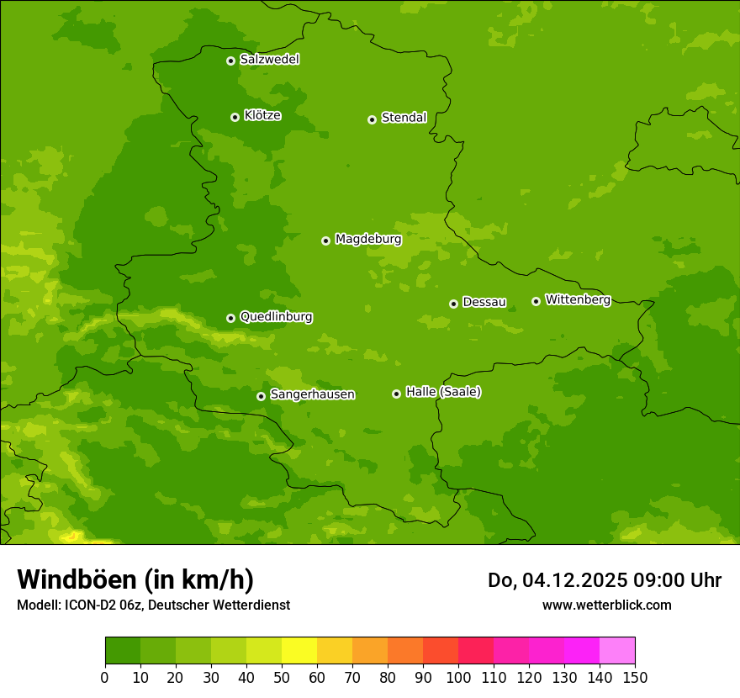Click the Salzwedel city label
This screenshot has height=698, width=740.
(269, 60)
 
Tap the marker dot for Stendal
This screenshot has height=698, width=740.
(372, 119)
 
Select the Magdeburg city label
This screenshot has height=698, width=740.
(368, 240)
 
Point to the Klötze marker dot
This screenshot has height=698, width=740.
(235, 117)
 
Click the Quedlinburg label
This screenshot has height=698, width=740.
(276, 317)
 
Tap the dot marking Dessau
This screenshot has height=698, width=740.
(453, 304)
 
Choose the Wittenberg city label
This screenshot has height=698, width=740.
(578, 300)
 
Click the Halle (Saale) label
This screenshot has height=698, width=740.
(443, 392)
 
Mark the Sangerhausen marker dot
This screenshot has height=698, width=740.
(261, 396)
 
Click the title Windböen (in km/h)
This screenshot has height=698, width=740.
(135, 579)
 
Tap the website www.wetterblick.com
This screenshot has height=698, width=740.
(606, 605)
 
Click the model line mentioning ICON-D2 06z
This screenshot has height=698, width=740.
(153, 605)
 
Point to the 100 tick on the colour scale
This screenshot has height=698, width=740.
(458, 677)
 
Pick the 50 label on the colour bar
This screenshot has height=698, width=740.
(282, 677)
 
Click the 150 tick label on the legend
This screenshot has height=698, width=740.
(635, 677)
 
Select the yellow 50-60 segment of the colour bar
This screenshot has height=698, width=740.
(299, 651)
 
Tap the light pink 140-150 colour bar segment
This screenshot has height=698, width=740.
(617, 651)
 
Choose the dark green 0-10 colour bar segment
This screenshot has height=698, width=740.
(123, 651)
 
